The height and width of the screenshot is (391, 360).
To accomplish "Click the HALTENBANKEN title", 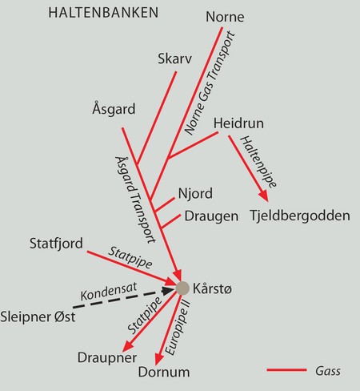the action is (x=103, y=13).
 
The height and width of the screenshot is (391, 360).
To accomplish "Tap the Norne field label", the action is (x=225, y=17).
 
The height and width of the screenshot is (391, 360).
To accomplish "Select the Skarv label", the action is (x=174, y=58).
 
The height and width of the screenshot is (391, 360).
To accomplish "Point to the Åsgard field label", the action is (x=114, y=108).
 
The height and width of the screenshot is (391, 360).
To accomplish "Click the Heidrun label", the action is (x=238, y=123).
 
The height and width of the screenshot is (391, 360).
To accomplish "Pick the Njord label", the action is (x=195, y=194).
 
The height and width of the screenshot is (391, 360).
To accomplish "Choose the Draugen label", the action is (x=211, y=216).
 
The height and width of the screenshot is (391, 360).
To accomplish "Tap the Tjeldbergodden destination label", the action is (x=300, y=216).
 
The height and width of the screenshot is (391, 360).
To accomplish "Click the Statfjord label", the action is (x=56, y=244).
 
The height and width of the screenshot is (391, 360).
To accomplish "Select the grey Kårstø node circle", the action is (x=182, y=288).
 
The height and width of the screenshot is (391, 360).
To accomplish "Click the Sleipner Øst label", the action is (x=38, y=317).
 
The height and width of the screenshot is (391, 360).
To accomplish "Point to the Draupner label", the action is (x=107, y=358).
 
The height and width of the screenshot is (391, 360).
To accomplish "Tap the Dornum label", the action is (x=164, y=372).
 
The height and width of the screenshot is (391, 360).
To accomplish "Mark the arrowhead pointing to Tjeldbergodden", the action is (x=264, y=195).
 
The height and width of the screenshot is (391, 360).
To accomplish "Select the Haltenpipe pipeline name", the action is (x=258, y=162).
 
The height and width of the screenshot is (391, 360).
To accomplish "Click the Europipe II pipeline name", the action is (x=178, y=328).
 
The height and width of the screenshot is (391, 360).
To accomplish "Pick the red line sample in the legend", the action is (x=286, y=370).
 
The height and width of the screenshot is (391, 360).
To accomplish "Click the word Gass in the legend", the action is (x=328, y=371).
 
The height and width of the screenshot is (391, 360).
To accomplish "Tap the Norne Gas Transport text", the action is (x=210, y=83).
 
